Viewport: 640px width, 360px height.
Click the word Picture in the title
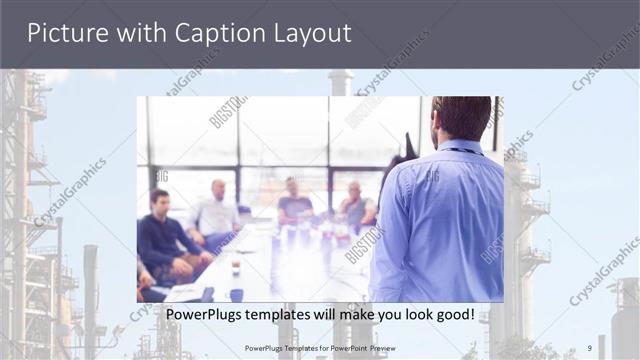(67, 33)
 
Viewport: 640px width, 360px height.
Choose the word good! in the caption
(452, 315)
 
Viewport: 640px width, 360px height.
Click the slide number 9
(588, 348)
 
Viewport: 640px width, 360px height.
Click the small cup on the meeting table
(236, 268)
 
